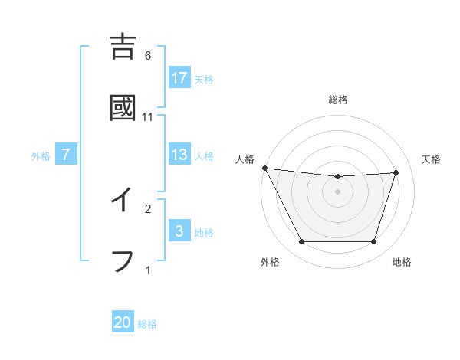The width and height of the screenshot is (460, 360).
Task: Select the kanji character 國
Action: point(123,108)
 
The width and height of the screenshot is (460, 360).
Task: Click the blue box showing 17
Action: point(179,77)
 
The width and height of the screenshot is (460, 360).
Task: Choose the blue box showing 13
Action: point(179,155)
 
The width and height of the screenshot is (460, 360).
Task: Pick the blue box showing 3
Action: point(179,231)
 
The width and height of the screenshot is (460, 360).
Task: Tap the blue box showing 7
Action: point(66,155)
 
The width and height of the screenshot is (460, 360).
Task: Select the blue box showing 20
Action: point(123,322)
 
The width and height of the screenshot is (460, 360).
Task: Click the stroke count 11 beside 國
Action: point(148,117)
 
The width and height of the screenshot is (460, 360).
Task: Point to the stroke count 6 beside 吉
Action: point(148,56)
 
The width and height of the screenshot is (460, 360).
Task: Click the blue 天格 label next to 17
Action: point(204,79)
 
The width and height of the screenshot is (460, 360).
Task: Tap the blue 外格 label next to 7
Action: point(41,156)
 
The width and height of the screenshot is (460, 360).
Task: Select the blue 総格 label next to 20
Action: point(147,324)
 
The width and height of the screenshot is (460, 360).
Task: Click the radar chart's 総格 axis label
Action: point(338,100)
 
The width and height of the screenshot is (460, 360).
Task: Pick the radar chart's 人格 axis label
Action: point(245,159)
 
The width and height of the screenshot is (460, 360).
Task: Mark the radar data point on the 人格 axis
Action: point(264,168)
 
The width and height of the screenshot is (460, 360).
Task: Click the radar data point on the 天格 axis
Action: point(396,172)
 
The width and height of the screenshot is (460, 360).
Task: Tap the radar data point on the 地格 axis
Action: point(373,241)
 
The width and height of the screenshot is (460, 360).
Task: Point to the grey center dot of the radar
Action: point(338,191)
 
